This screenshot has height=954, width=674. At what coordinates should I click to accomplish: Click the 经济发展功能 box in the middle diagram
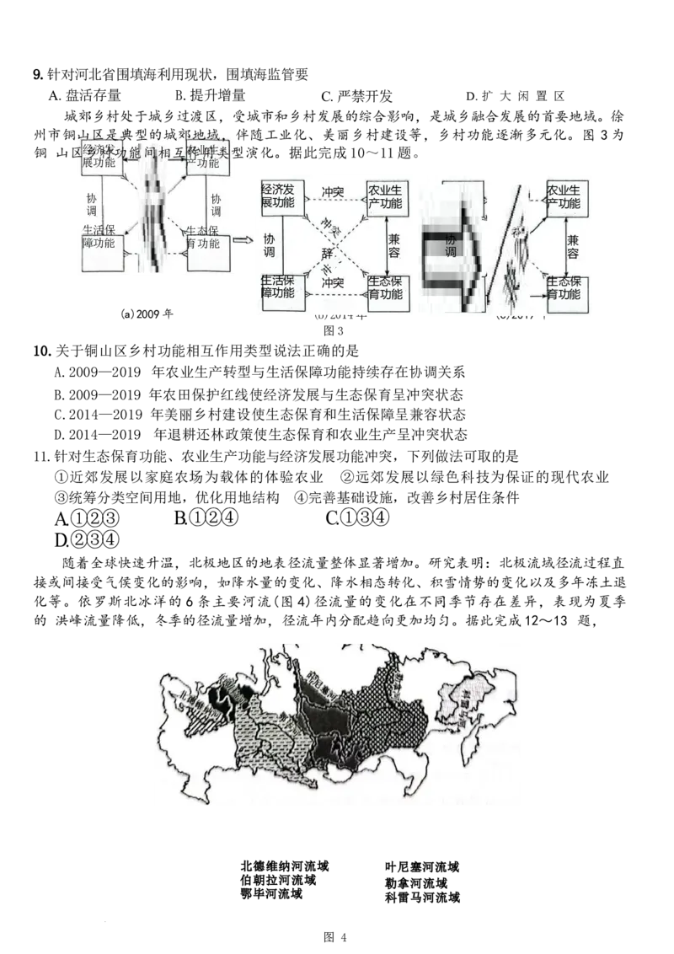pos(281,198)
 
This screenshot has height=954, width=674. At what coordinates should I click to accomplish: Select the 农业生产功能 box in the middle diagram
pos(386,198)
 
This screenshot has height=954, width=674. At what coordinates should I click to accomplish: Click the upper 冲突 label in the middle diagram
pos(334,193)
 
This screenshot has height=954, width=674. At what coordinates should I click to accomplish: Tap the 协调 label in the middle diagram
pos(269,244)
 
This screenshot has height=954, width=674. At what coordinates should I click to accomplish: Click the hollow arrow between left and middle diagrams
pos(241,243)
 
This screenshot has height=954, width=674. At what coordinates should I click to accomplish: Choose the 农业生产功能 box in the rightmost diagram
pos(565,196)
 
